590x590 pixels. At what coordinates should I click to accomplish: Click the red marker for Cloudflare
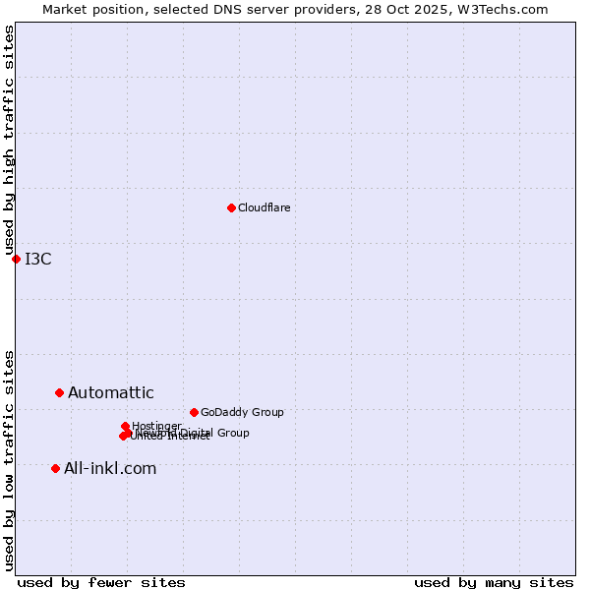[231, 207]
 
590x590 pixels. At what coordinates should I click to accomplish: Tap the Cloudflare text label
[264, 208]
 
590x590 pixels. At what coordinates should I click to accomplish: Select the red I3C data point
[16, 259]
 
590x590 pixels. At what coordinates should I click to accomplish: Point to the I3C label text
[38, 260]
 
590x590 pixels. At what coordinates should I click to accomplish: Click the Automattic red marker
[59, 392]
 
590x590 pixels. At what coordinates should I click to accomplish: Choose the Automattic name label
[111, 393]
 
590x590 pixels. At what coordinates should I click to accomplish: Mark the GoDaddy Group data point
[194, 412]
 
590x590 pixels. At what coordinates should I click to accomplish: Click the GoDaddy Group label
[242, 413]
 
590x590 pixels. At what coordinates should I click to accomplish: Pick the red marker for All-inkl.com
[55, 468]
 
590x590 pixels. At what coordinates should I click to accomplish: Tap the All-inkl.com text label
[110, 469]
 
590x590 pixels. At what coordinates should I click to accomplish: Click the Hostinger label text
[156, 426]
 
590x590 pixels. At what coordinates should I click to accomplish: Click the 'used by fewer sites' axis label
[101, 582]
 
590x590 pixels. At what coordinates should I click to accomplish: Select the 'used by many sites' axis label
[494, 582]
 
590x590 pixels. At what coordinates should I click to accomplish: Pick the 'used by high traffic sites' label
[10, 140]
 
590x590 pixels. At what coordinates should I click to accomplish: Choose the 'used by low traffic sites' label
[10, 459]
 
